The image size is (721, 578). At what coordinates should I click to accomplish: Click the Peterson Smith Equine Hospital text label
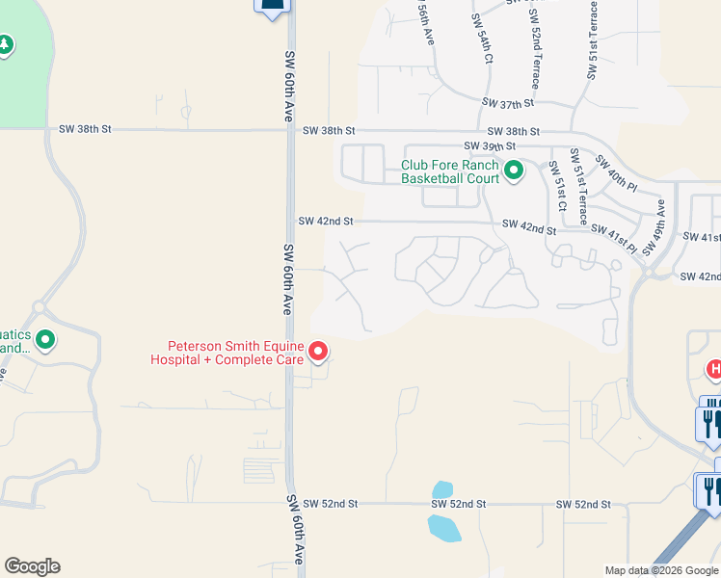pos(237,353)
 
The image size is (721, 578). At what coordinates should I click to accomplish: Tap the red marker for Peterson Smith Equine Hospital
pos(318,353)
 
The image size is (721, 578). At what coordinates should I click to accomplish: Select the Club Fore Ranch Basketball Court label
pos(450,171)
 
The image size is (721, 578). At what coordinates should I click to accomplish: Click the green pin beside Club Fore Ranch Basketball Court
pos(514,171)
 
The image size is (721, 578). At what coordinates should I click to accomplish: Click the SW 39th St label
pos(514,145)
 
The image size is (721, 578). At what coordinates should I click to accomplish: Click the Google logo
pos(32,566)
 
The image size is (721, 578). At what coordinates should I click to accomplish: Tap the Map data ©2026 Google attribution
pos(661,570)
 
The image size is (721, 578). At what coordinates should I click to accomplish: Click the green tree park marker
pos(6,45)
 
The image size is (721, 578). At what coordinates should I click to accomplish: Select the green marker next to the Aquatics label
pos(44,340)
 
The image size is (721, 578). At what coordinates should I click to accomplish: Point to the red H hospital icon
pos(714,368)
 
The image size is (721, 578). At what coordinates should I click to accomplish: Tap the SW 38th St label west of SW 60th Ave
pos(86,128)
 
